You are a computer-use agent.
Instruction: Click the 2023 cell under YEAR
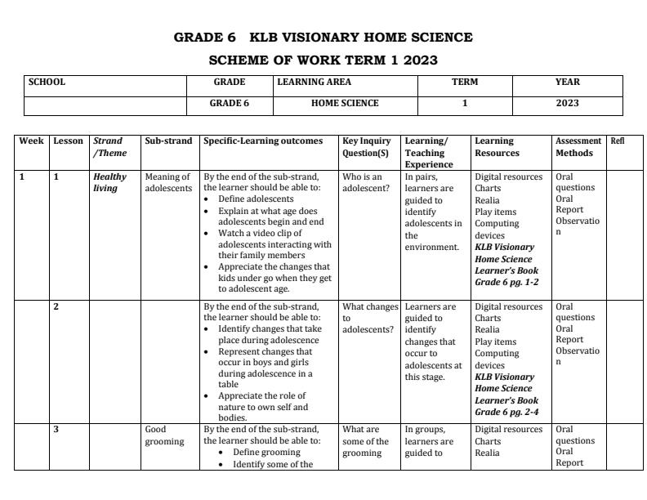coord(567,104)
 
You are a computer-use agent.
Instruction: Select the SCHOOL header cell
coord(47,83)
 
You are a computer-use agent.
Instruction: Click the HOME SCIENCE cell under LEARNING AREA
coord(345,104)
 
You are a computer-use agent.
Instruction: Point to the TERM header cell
coord(465,83)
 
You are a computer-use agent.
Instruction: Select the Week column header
coord(31,141)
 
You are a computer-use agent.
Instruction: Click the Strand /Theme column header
coord(109,147)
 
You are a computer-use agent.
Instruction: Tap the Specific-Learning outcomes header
coord(263,141)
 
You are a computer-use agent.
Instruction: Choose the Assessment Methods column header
coord(578,147)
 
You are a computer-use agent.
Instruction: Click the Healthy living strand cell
coord(109,182)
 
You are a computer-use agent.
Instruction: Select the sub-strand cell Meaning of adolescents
coord(167,182)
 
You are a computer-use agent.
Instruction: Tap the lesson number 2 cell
coord(56,307)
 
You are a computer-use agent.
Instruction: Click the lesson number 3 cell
coord(56,430)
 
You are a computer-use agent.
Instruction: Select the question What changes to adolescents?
coord(369,319)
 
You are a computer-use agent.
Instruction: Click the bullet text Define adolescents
coord(256,199)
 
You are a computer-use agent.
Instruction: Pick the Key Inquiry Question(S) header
coord(367,147)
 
